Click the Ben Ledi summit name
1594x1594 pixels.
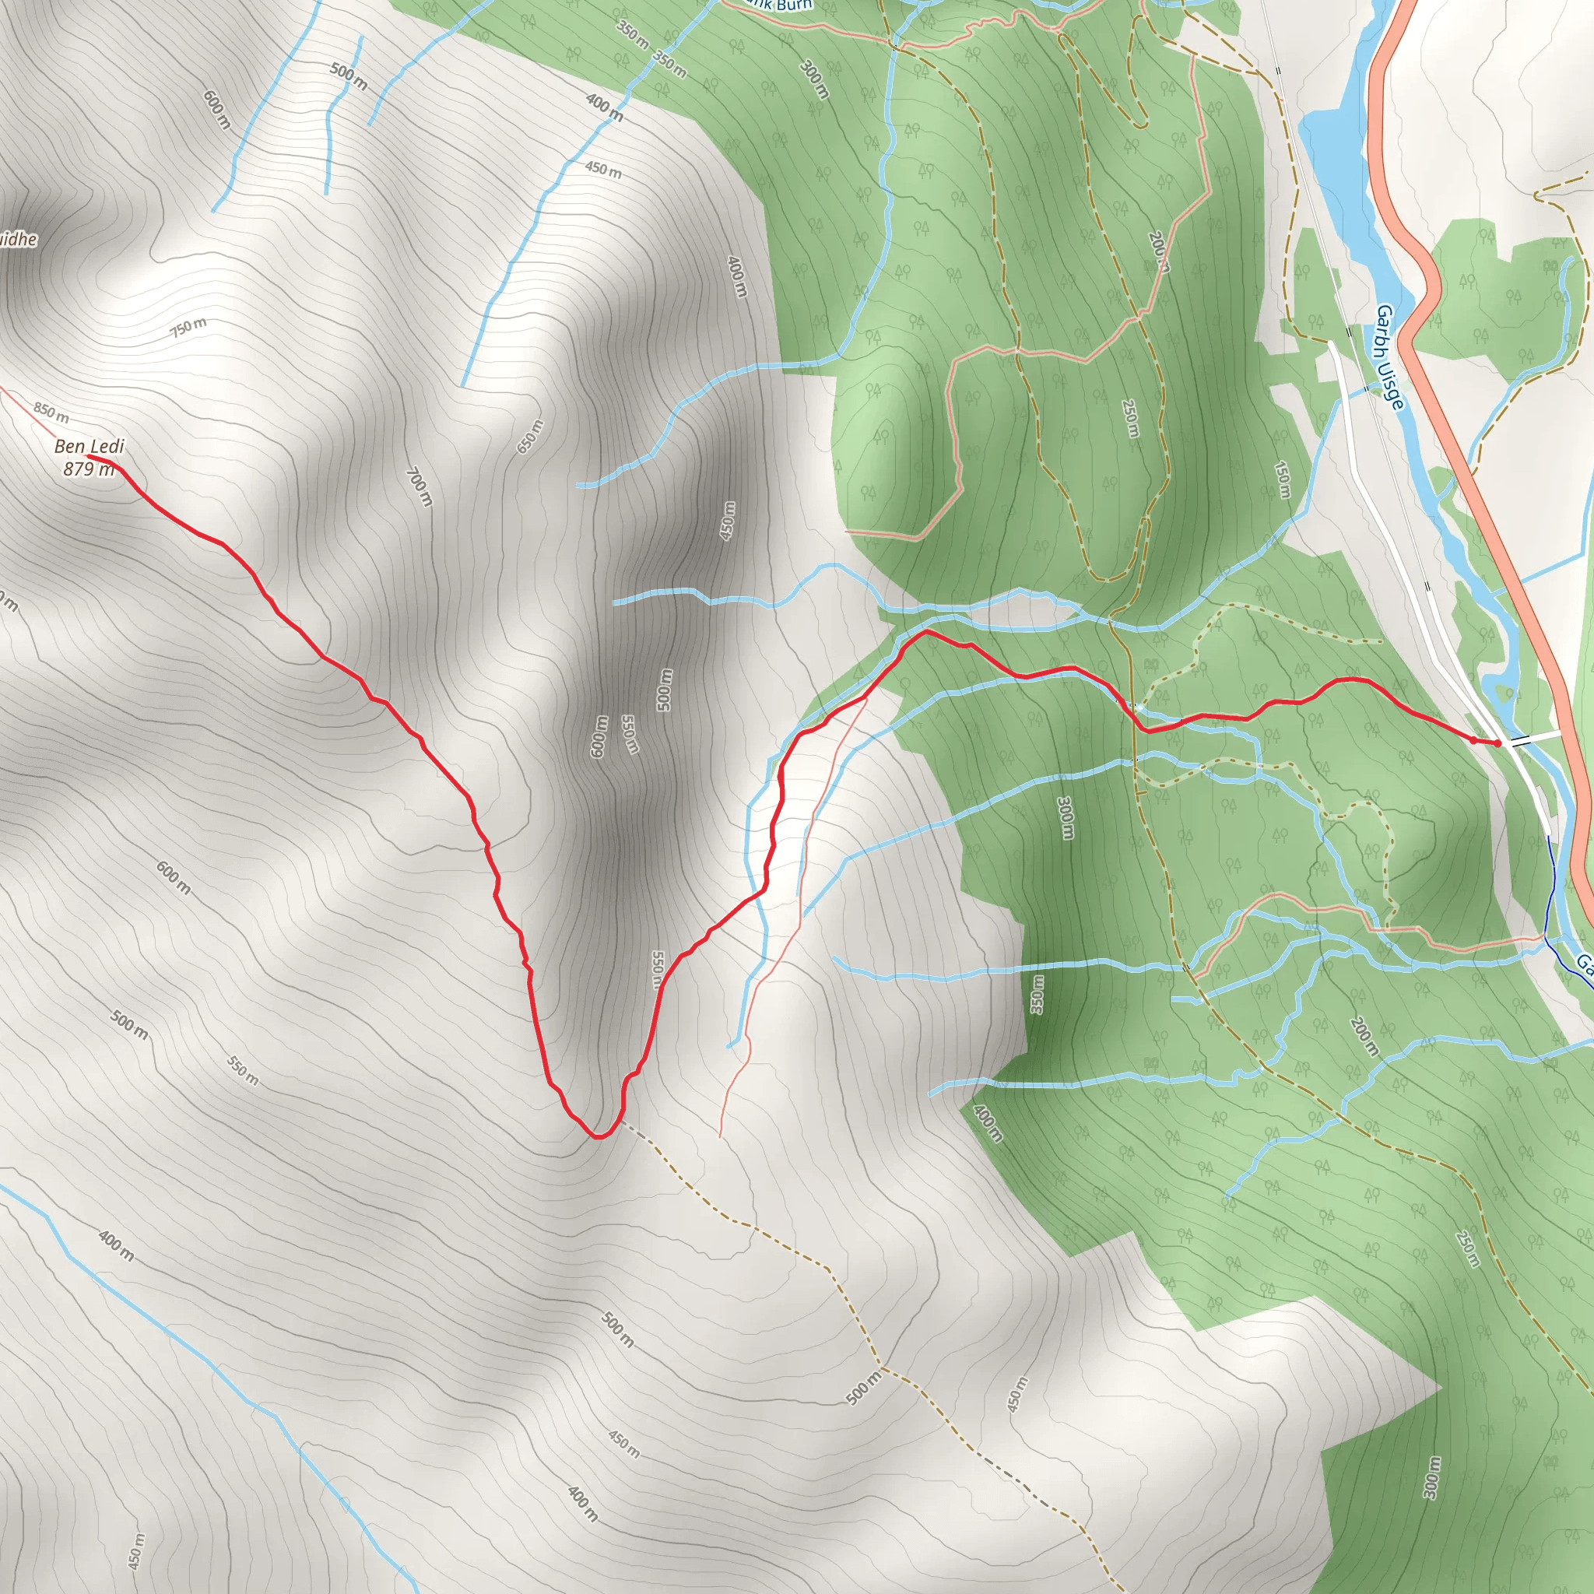click(x=89, y=446)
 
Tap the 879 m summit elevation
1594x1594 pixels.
click(x=88, y=469)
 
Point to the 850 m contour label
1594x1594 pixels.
click(x=51, y=411)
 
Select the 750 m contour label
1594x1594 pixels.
click(x=189, y=327)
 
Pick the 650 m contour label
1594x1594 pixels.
click(x=531, y=437)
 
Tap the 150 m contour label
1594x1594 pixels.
click(x=1282, y=479)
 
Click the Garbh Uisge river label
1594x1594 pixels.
click(x=1389, y=356)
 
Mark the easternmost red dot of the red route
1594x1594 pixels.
click(x=1497, y=743)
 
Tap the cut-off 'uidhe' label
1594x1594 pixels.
click(x=18, y=239)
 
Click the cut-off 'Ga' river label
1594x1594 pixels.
click(x=1584, y=962)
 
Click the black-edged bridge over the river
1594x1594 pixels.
click(x=1521, y=740)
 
